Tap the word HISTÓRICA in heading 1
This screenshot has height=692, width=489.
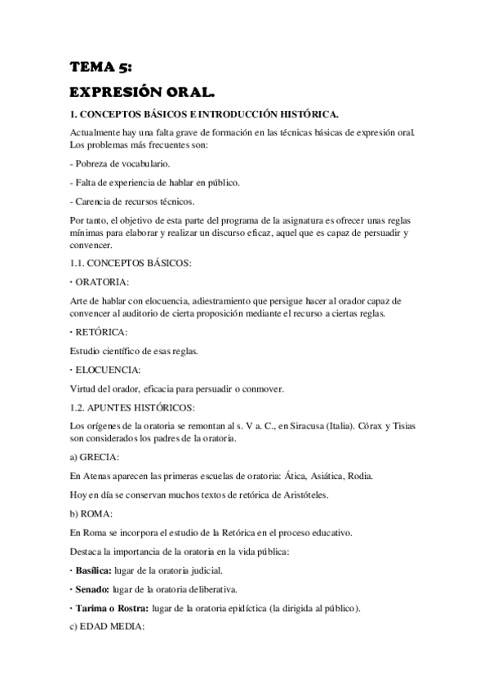308,115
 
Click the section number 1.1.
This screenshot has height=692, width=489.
78,263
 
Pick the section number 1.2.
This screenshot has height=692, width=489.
78,407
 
